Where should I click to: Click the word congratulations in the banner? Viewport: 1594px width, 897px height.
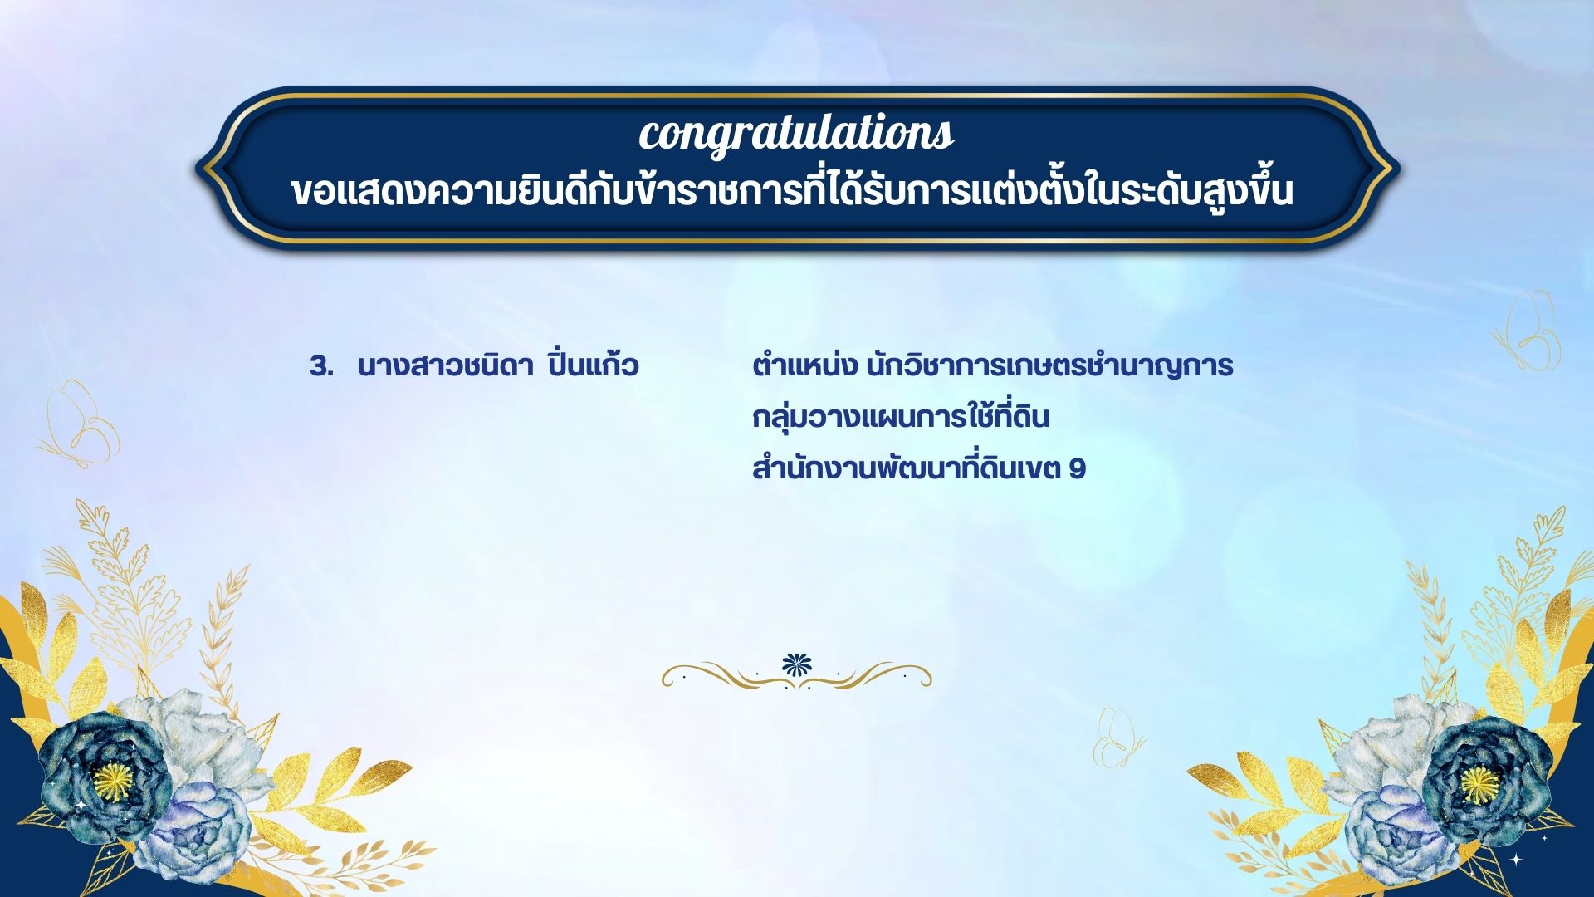[796, 134]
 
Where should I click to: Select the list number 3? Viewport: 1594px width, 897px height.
[320, 366]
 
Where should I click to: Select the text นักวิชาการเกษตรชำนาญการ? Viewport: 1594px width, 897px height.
[1049, 366]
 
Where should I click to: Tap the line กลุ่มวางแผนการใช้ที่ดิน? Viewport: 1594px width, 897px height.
[901, 415]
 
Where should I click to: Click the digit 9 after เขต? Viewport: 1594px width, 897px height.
[1078, 469]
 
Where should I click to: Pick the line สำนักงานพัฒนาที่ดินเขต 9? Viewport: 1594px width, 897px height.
[919, 468]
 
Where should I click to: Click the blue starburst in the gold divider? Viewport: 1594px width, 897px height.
[797, 664]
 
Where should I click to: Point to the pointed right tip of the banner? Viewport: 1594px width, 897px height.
[1399, 169]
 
